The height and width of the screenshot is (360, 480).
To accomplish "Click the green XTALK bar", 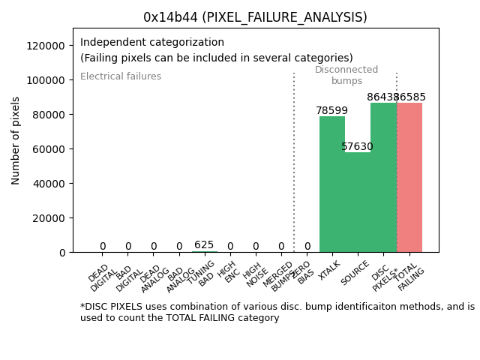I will pos(332,184).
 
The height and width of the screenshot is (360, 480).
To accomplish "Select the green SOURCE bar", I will pos(358,202).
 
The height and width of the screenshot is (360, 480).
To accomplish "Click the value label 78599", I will pos(331,111).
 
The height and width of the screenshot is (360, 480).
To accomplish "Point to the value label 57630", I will pos(357,147).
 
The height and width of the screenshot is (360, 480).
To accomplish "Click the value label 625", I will pos(204,245).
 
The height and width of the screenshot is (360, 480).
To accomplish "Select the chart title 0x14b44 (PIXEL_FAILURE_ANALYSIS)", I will pos(255,17).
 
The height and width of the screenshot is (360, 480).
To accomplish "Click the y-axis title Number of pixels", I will pos(16,140).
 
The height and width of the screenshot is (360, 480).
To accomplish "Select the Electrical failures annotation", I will pos(121,76).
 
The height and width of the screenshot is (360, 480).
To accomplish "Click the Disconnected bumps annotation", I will pos(346,76).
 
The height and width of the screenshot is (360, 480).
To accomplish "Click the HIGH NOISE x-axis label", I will pos(254,274).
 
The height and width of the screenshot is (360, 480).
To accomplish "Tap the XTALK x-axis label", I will pos(329,271).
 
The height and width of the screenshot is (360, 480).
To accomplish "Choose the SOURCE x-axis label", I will pos(355,272).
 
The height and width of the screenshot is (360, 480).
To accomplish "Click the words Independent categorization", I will pos(152,43).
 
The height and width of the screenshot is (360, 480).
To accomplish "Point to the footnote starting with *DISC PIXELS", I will pos(277,312).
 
